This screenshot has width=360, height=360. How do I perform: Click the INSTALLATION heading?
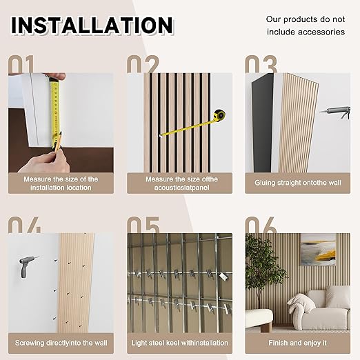[x=92, y=25]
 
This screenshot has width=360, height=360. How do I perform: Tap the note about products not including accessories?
[x=305, y=26]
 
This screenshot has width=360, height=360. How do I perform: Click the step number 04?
[x=26, y=226]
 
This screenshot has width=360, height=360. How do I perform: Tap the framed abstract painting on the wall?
[x=318, y=250]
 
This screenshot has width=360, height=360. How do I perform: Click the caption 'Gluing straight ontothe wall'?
[x=299, y=183]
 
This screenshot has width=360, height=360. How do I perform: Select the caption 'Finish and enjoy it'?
[x=299, y=342]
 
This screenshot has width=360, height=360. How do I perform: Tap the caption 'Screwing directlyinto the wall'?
[x=61, y=342]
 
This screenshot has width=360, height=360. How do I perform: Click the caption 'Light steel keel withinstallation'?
[x=179, y=342]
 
